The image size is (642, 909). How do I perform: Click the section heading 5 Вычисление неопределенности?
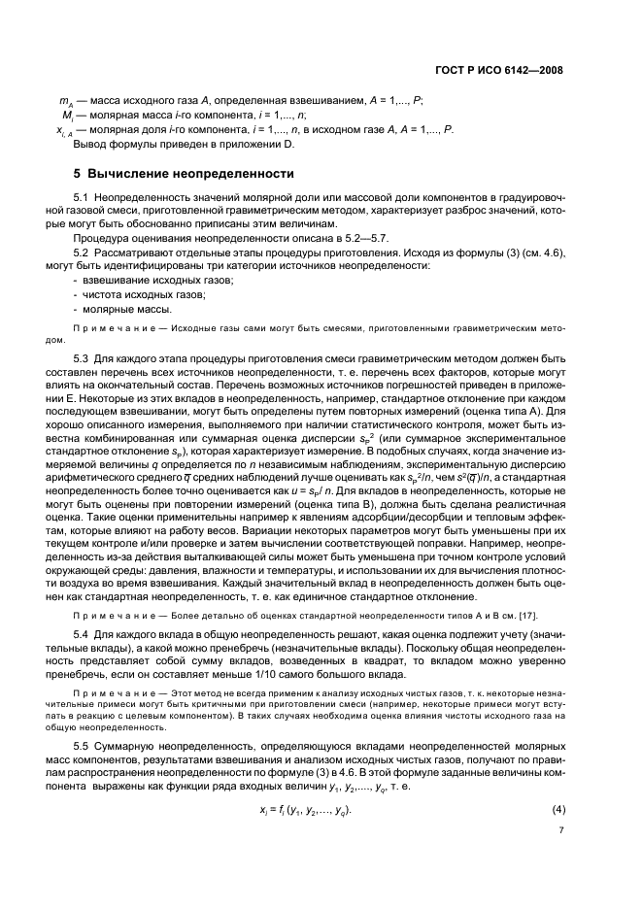pos(184,174)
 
